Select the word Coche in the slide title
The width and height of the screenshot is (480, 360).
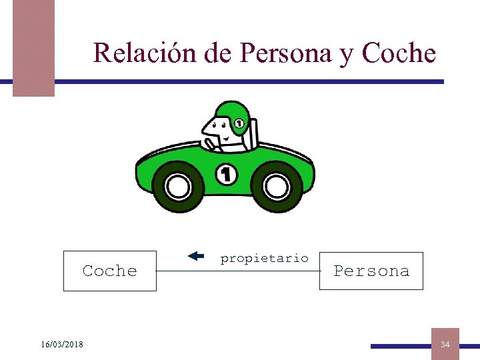(398, 53)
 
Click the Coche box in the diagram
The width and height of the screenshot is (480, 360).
(110, 271)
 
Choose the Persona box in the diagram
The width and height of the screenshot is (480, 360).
(371, 271)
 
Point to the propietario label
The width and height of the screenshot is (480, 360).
(264, 258)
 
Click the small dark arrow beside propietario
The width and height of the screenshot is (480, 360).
(195, 255)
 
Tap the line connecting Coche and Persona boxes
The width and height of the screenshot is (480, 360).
(237, 271)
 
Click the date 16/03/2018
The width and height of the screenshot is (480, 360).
(61, 344)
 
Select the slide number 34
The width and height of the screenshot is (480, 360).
(445, 344)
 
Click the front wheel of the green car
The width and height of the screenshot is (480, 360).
(178, 187)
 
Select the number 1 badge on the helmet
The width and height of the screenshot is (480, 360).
(238, 123)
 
